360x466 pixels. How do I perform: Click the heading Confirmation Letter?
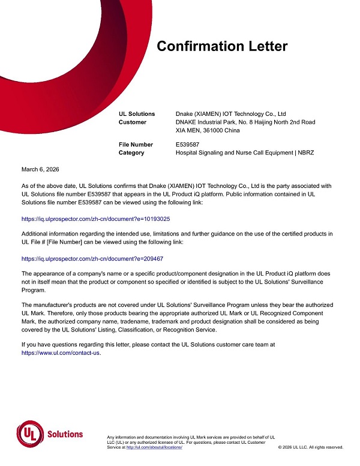(222, 47)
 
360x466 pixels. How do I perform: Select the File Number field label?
(136, 144)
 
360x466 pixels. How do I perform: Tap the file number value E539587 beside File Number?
(187, 144)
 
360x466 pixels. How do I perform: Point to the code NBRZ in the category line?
(305, 153)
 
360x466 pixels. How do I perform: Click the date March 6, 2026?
(40, 170)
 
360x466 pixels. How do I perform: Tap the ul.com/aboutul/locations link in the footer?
(154, 448)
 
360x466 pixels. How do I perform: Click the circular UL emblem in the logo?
(28, 434)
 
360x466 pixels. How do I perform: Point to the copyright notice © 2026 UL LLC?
(311, 448)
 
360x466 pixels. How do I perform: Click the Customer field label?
(133, 122)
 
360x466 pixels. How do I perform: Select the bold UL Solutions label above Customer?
(137, 113)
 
